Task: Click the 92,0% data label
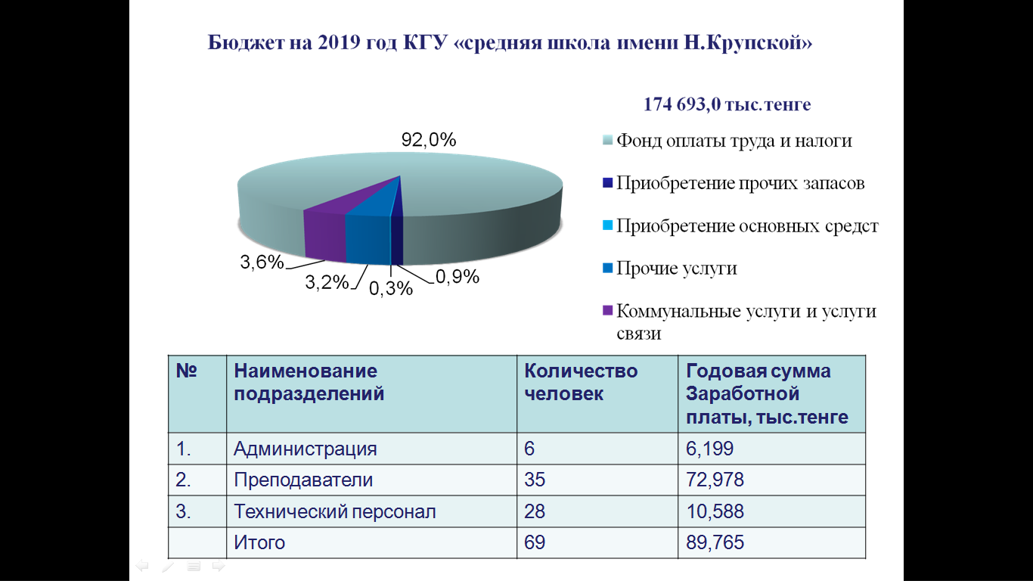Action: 429,140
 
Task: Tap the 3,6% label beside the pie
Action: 262,262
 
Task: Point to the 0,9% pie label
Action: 457,277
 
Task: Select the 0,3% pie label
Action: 390,288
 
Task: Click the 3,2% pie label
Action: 327,282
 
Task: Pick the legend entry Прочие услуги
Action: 676,269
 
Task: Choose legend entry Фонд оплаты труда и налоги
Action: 734,141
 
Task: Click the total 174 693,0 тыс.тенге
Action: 727,104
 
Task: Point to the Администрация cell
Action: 305,449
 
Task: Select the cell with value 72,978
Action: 715,480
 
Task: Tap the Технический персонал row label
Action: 335,511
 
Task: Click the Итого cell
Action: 259,542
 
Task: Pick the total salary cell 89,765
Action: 715,542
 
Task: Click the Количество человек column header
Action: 581,382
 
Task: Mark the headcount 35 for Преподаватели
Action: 534,480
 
